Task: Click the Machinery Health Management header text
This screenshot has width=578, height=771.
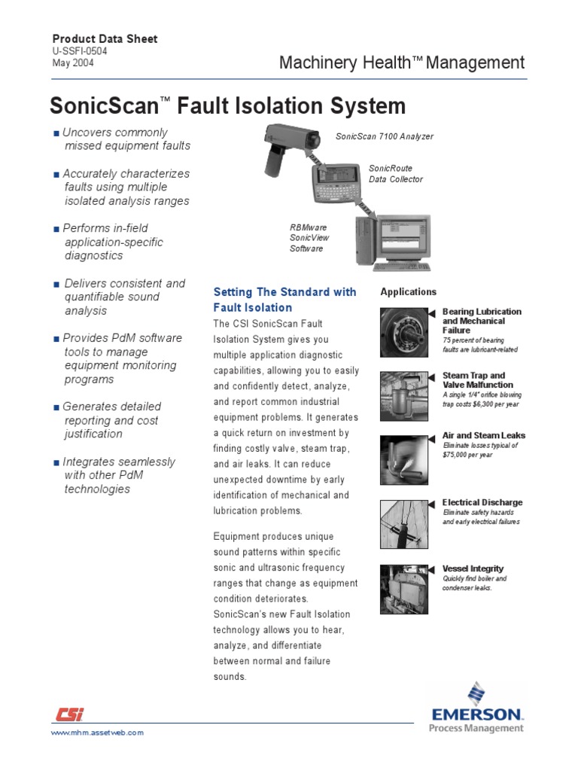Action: point(401,63)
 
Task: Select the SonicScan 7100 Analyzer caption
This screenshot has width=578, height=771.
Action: point(385,136)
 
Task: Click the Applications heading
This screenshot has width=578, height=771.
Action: point(408,292)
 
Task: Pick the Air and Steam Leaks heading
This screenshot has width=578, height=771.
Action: point(484,436)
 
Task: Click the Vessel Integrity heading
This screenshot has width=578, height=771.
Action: point(473,568)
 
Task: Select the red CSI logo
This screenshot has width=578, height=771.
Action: point(69,715)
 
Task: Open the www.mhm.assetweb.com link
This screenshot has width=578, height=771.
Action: point(96,733)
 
